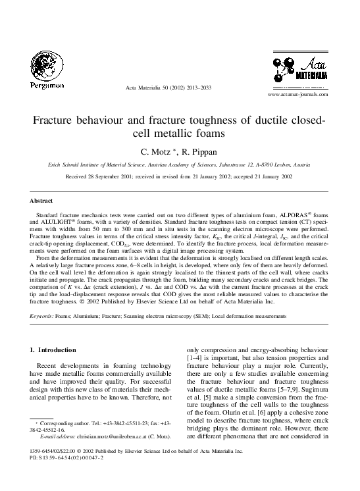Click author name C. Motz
(163, 151)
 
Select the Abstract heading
(41, 199)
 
